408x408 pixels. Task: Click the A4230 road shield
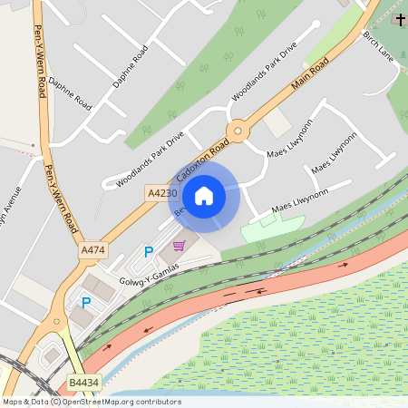coord(159,193)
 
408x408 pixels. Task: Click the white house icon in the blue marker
coord(204,195)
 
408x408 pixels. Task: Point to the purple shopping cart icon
coord(179,246)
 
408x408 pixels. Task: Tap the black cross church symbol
coord(401,20)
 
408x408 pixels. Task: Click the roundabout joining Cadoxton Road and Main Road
coord(238,130)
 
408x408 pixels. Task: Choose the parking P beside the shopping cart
coord(149,251)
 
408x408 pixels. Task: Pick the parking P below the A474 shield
coord(87,302)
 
